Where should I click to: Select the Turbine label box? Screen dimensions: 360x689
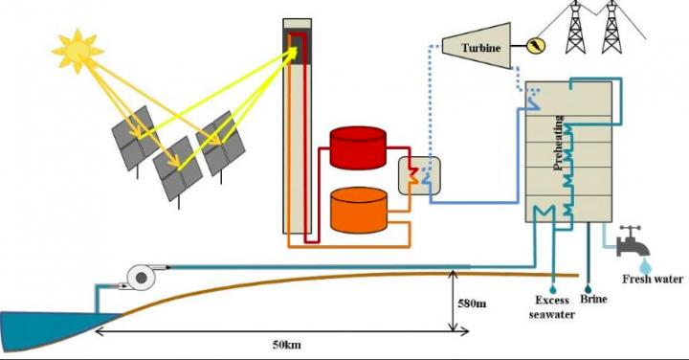coord(476,44)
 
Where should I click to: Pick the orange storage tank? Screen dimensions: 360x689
coord(359,210)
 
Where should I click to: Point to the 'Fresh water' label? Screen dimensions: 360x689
coord(653,280)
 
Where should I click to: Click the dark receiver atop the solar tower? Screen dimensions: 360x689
coord(298,43)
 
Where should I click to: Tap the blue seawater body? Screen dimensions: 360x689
coord(48,330)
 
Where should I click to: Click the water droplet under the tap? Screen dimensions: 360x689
coord(644,261)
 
